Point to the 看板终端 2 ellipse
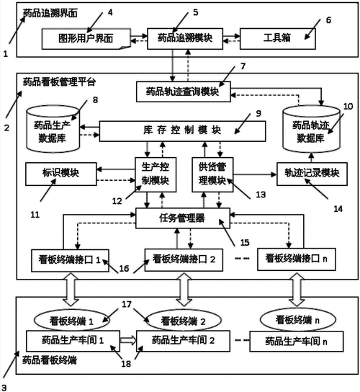click(x=178, y=321)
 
